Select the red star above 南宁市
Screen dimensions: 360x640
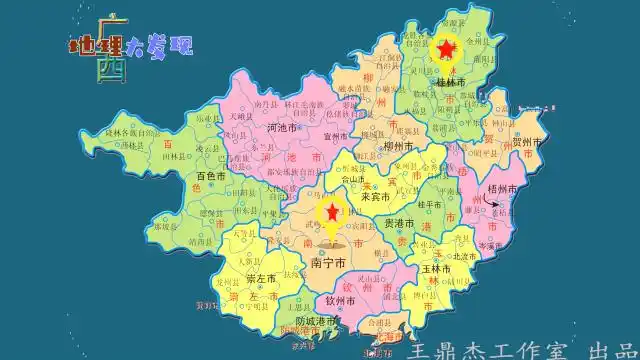tap(331, 214)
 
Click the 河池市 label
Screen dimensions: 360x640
tap(259, 128)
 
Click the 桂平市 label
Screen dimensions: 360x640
tap(430, 204)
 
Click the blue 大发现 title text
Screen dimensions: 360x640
tap(157, 45)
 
